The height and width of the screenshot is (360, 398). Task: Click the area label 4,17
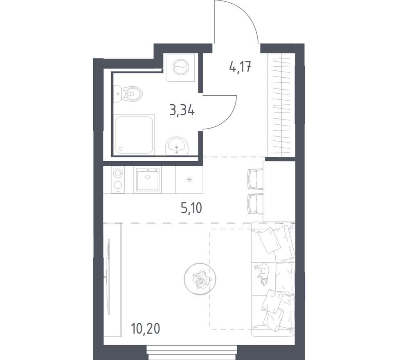[240, 67]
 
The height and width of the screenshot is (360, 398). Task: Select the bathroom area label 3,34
[182, 111]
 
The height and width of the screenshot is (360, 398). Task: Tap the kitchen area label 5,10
[191, 208]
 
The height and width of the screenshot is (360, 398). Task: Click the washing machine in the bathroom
[181, 67]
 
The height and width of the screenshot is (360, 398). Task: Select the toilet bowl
[128, 94]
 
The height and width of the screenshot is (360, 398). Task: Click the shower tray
[134, 134]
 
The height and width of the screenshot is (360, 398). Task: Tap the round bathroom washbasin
[177, 146]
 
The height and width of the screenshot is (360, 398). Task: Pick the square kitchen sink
[148, 179]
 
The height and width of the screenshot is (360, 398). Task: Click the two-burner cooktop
[117, 180]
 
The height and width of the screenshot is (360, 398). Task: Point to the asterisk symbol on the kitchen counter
[189, 180]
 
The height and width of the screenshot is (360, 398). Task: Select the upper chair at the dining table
[255, 179]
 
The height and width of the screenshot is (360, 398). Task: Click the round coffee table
[200, 279]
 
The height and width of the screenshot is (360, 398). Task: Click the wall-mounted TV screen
[109, 277]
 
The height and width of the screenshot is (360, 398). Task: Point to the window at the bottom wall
[192, 352]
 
